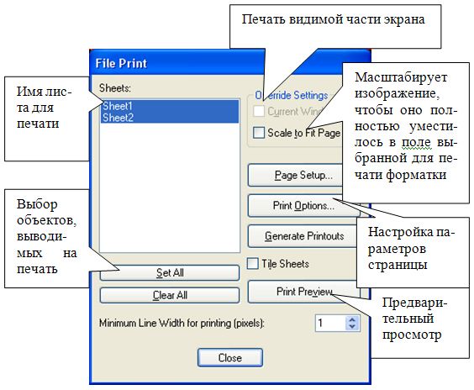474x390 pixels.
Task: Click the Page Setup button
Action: tap(303, 176)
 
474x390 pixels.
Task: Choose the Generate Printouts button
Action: tap(303, 236)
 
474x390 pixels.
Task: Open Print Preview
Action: tap(303, 292)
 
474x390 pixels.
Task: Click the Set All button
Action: tap(170, 273)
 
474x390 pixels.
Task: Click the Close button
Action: tap(229, 356)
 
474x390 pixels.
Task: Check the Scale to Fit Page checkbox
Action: tap(259, 132)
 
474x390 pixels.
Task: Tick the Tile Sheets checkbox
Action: tap(253, 263)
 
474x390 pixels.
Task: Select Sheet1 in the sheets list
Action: tap(118, 107)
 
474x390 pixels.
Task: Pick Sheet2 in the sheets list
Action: tap(118, 119)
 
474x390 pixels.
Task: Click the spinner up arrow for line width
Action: tap(351, 318)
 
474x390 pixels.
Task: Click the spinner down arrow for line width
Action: tap(351, 327)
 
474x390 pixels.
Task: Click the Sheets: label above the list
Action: tap(113, 87)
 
